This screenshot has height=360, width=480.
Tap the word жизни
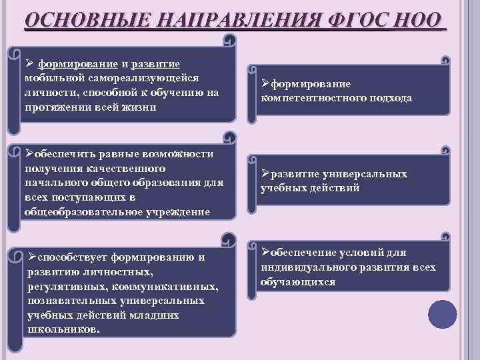coord(139,107)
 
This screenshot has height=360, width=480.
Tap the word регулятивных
coord(66,287)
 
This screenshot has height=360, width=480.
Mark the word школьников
coord(64,330)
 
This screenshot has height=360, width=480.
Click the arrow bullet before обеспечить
coord(29,154)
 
